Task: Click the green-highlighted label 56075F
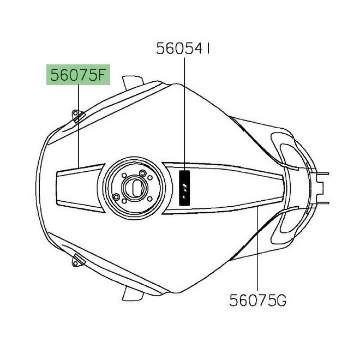coord(78,75)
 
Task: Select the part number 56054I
coord(183,49)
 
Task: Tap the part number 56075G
coord(257,300)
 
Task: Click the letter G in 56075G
coord(281,300)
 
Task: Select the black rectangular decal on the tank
coord(184,188)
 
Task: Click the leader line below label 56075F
coord(79,126)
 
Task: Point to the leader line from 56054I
coord(184,114)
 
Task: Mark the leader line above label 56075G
coord(257,249)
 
